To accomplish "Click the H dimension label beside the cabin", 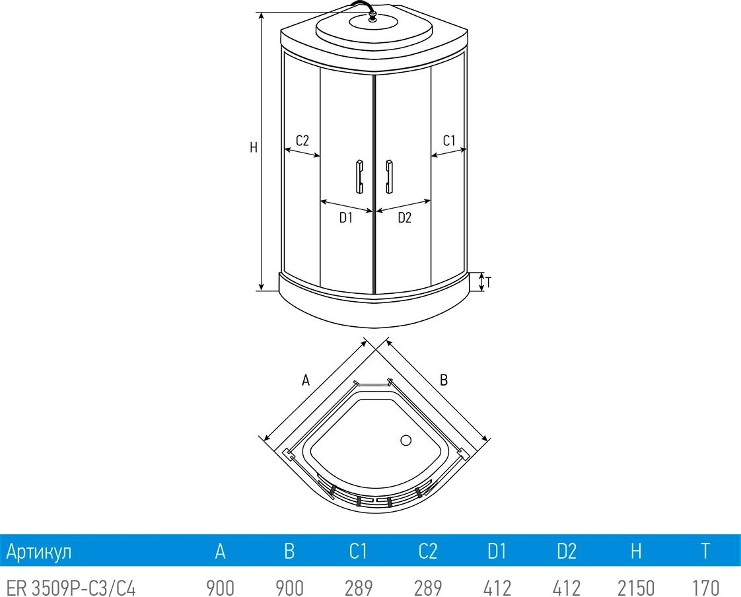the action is pos(254,147).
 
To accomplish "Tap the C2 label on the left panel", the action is pos(302,141).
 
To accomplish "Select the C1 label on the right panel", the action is pos(449,141).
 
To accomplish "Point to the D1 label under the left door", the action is pos(346,218).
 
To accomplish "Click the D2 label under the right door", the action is pos(405,218).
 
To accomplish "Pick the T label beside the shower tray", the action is pos(488,283).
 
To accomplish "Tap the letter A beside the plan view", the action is pos(306,380).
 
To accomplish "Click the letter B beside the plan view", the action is pos(443,380).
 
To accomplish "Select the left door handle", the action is pos(359,177).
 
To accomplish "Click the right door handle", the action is pos(390,177).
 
